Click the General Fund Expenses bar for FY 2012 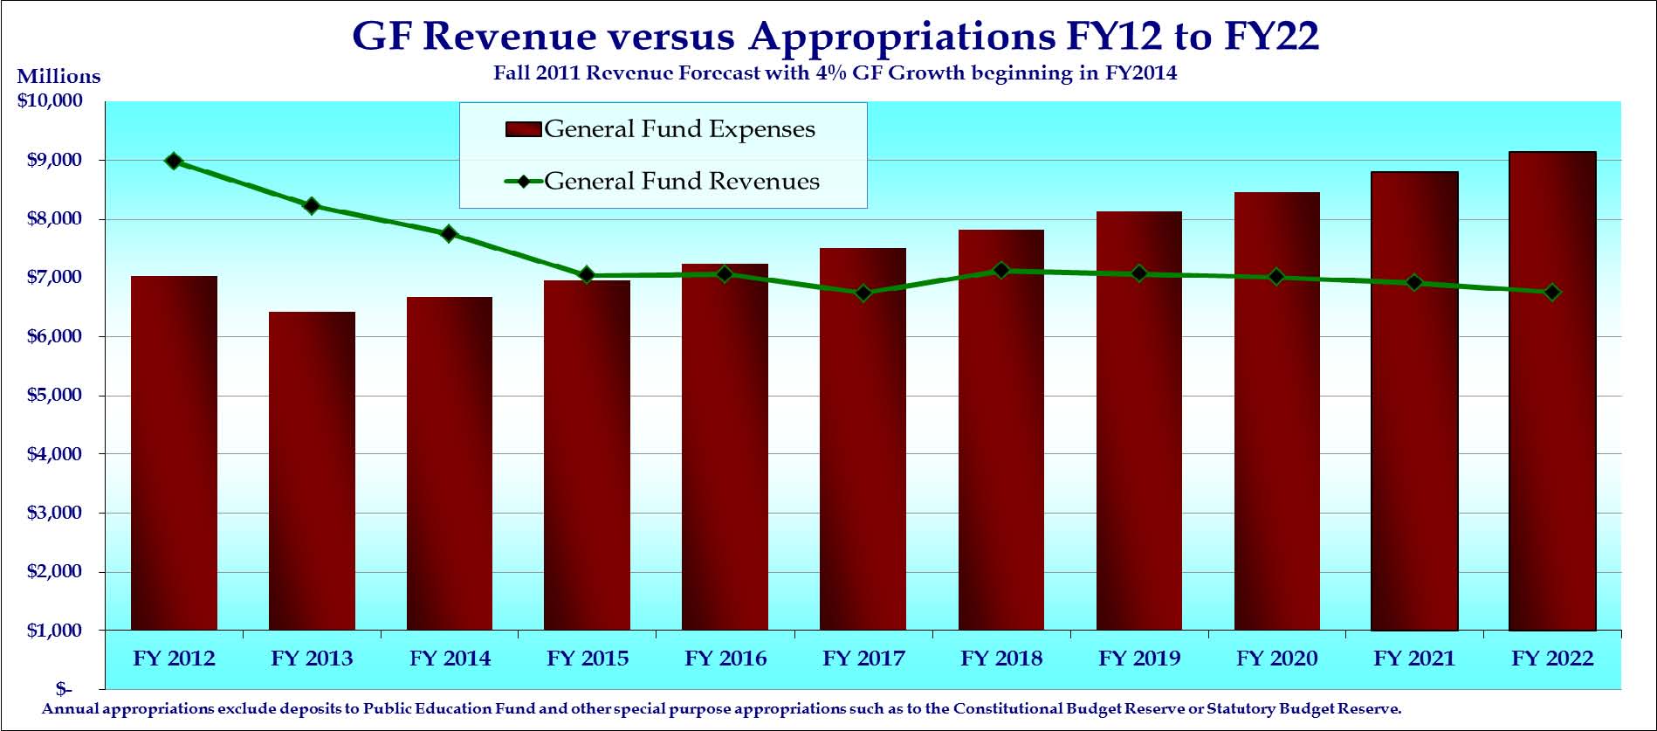174,454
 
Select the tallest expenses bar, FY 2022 1551,393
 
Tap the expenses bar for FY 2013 312,472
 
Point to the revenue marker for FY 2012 174,161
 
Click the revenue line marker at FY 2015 587,275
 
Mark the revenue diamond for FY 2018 1001,271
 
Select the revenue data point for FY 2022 1551,293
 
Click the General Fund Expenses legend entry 661,129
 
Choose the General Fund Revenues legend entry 663,182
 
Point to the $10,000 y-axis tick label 50,100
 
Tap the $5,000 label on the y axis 54,395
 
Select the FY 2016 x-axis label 725,659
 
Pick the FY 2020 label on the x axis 1276,659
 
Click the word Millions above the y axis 58,77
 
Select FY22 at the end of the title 1271,37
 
